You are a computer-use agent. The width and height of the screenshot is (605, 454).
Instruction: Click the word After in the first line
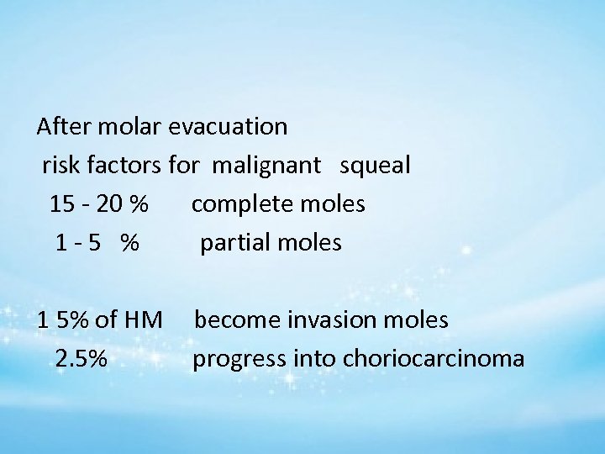(x=62, y=127)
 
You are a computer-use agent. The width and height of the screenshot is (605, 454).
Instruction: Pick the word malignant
(x=266, y=166)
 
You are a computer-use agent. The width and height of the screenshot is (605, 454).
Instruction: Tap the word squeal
(x=375, y=166)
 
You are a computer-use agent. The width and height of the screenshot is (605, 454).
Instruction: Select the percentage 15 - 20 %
(x=99, y=204)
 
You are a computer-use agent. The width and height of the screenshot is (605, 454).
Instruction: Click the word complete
(x=241, y=204)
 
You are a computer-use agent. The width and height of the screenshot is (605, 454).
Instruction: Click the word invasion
(x=327, y=320)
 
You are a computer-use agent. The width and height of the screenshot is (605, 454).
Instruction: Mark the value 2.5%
(x=81, y=359)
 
